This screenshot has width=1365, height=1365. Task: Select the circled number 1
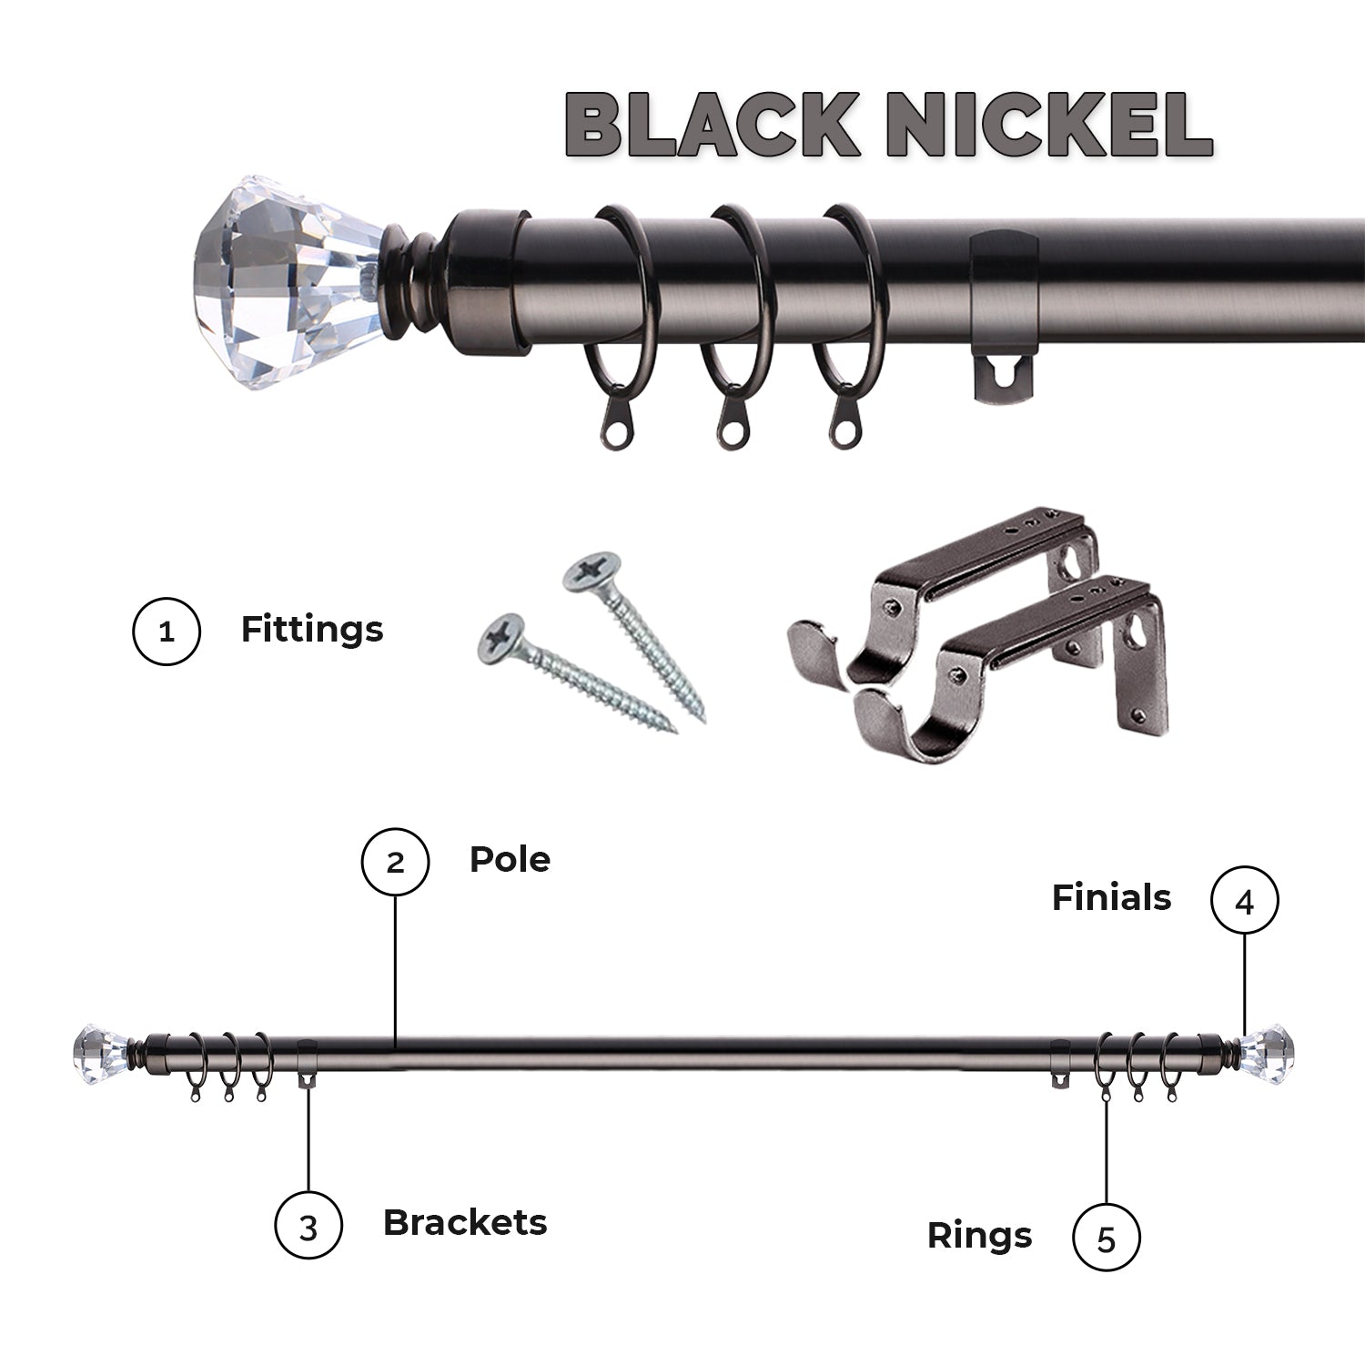coord(167,631)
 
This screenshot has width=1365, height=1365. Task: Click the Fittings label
coord(312,629)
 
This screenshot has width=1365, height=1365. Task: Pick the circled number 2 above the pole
coord(395,861)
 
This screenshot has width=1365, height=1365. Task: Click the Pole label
coord(510,859)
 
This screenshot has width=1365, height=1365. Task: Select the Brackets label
coord(465,1222)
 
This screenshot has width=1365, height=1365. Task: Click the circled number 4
coord(1244,900)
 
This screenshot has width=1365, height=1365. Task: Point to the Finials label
coord(1111,898)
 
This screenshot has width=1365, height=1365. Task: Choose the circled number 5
coord(1106,1238)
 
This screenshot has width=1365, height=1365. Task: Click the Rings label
coord(979,1236)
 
